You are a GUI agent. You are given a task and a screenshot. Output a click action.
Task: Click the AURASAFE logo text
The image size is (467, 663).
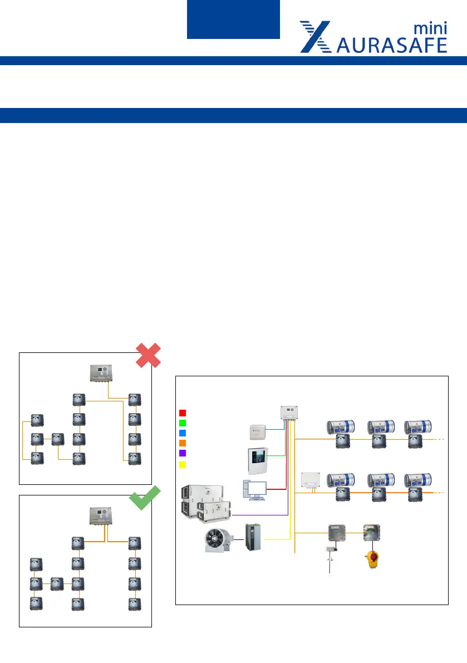(392, 45)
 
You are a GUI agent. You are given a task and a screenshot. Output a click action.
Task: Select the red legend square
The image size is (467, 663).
(183, 413)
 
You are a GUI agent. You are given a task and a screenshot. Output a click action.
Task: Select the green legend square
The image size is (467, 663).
(183, 423)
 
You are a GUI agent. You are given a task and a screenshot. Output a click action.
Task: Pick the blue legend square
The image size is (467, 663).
(183, 433)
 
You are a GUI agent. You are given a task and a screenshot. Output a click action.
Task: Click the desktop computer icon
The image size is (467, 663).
(254, 489)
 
